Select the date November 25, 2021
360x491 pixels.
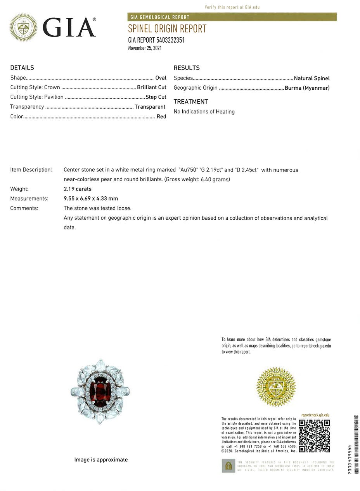[145, 48]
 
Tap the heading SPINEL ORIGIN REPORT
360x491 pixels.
[167, 29]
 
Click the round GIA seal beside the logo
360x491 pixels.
[23, 28]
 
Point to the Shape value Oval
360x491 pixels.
[161, 78]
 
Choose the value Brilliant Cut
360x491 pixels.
[151, 87]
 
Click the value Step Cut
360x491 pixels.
[156, 97]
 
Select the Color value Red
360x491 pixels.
[161, 116]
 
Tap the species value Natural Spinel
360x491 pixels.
[312, 78]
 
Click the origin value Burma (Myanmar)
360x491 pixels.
[307, 88]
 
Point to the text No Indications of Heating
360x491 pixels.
[204, 112]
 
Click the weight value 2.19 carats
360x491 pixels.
[78, 189]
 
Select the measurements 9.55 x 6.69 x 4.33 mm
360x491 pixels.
[91, 199]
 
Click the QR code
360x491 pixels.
[314, 436]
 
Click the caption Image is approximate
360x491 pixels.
[101, 460]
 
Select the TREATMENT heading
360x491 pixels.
[190, 102]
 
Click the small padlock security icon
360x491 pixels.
[228, 466]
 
